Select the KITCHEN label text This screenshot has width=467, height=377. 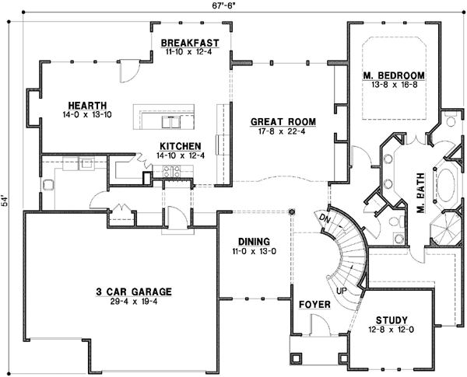181,146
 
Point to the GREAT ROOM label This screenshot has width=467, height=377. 283,121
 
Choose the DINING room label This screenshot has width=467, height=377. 253,242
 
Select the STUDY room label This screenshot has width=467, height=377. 392,319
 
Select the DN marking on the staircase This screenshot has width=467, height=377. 325,219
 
